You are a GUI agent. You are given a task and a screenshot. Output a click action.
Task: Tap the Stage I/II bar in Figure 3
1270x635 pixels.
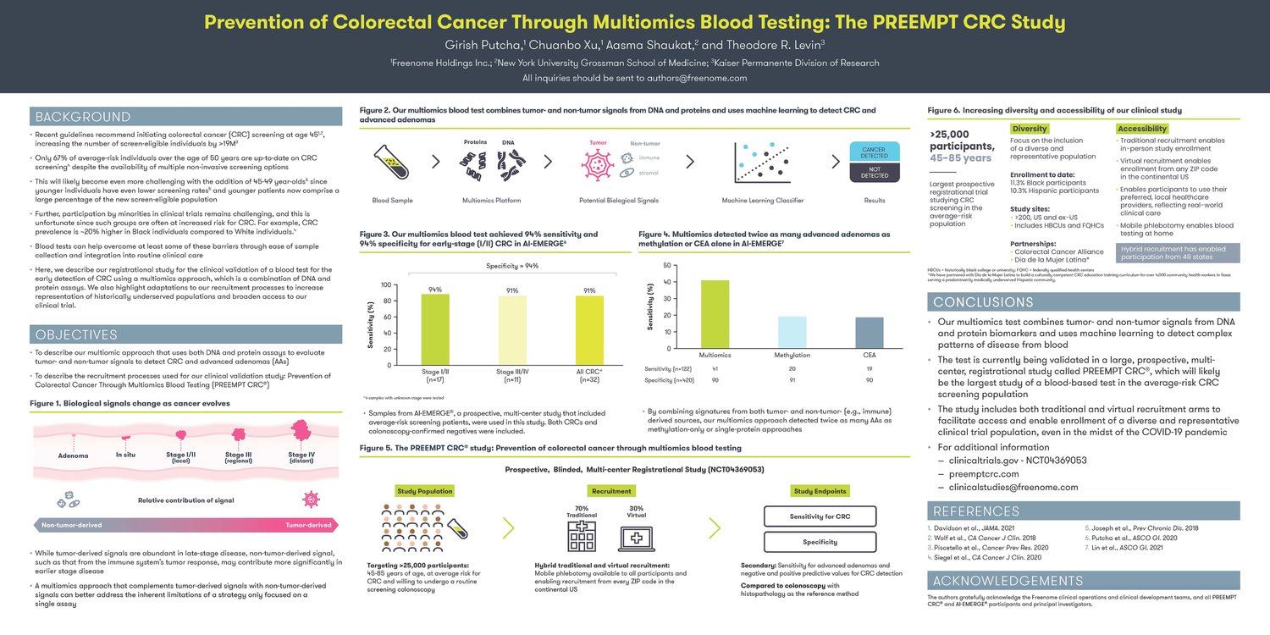tap(436, 329)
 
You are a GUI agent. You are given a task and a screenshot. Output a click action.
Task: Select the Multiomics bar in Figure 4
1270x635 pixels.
tap(715, 314)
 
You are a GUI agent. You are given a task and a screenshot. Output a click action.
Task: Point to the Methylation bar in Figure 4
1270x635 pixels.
tap(792, 332)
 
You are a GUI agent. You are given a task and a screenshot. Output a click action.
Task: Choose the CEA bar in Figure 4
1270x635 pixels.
tap(870, 333)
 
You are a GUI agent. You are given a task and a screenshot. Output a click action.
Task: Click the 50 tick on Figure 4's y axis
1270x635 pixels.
tap(669, 266)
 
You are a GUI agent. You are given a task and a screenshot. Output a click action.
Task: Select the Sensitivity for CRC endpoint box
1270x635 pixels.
tap(820, 516)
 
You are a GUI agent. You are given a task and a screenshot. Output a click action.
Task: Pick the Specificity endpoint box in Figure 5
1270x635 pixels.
tap(820, 542)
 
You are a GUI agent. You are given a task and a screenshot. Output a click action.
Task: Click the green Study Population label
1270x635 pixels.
tap(423, 491)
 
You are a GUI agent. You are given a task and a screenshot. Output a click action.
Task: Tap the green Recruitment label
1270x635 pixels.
tap(611, 491)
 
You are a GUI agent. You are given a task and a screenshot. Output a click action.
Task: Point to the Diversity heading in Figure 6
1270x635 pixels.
tap(1030, 129)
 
